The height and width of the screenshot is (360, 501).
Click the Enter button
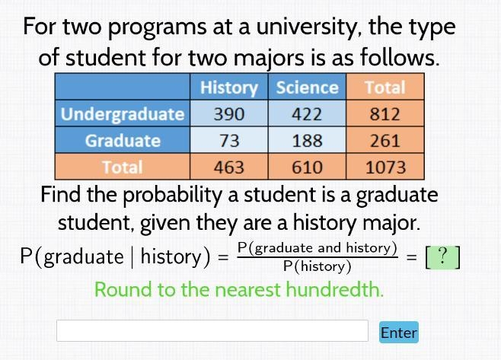399,332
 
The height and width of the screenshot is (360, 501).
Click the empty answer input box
212,330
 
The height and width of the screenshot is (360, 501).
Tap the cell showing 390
229,113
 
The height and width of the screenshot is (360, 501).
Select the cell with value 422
307,113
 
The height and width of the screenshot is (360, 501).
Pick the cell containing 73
229,140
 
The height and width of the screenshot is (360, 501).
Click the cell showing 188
307,140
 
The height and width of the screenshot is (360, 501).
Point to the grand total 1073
385,167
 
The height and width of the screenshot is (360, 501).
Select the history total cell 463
229,167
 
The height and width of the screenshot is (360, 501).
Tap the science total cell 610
307,167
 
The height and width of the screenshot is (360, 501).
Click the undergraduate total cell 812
385,113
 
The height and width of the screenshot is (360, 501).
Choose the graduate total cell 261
385,140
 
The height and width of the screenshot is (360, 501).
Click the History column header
229,87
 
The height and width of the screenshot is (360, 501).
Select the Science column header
307,87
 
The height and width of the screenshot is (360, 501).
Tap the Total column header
385,87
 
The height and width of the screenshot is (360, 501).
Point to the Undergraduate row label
123,113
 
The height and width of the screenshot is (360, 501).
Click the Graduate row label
123,140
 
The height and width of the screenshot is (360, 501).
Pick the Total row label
123,167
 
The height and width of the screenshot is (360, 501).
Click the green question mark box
443,256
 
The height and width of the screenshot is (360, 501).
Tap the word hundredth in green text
334,289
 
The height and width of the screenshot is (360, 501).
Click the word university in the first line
309,27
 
